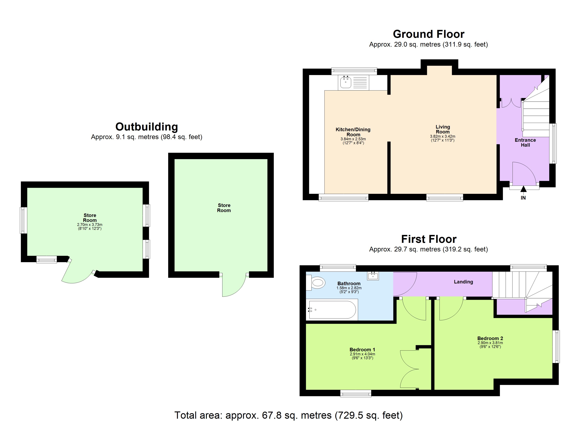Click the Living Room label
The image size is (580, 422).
443,129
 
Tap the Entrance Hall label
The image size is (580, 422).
525,143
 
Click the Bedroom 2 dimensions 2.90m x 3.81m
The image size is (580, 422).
490,343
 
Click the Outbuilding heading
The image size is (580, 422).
147,127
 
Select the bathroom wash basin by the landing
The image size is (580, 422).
373,276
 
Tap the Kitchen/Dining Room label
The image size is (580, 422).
353,132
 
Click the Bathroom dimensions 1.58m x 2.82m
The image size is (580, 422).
349,288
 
